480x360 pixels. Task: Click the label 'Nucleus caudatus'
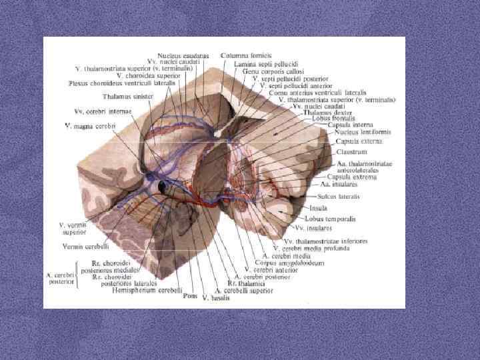(x=183, y=55)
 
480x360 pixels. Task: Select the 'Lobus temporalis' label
(x=330, y=218)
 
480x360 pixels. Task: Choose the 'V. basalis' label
(x=215, y=297)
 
